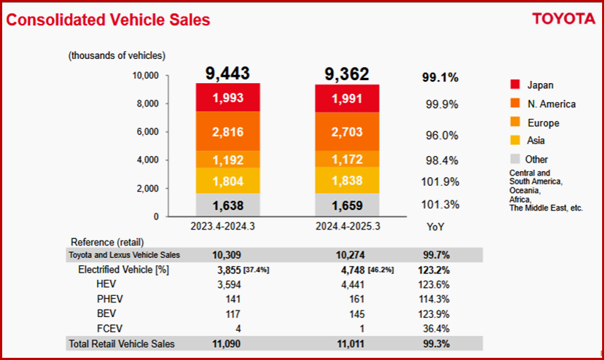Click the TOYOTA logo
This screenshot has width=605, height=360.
pos(563,19)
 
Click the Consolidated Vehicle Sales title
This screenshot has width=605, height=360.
pos(108,20)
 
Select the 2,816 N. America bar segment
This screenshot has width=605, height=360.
pos(227,132)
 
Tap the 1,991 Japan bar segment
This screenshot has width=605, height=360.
pos(347,98)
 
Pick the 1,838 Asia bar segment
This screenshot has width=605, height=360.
pos(347,180)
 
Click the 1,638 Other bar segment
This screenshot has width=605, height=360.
pos(227,205)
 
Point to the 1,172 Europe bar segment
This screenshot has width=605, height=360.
pos(347,159)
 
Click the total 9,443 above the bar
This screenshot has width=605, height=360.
pos(227,74)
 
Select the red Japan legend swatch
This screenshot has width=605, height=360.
pos(515,85)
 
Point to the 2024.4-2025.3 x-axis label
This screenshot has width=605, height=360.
pos(347,227)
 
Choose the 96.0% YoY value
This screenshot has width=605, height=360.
pos(442,136)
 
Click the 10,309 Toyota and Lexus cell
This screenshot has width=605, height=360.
pos(227,255)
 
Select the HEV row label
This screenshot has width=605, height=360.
pos(107,283)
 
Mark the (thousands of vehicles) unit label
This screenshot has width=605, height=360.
pos(117,55)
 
